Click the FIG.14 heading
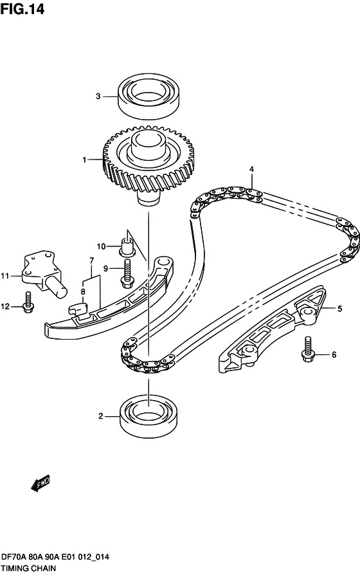pos(22,9)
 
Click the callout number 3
pos(98,96)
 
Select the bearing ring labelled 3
pos(148,96)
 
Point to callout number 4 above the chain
pos(251,169)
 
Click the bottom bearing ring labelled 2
pos(148,416)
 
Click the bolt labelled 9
pos(127,273)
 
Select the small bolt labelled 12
pos(28,302)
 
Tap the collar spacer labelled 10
pos(127,247)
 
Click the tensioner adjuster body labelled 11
pos(43,273)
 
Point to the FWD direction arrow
pos(40,483)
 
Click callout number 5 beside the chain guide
pos(340,309)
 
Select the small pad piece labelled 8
pos(79,309)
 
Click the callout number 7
pos(92,260)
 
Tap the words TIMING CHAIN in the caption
pos(28,569)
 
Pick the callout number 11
pos(4,276)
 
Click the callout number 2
pos(100,416)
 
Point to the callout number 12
pos(5,306)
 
